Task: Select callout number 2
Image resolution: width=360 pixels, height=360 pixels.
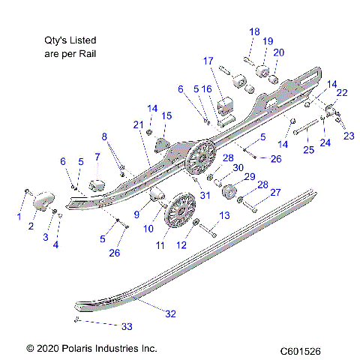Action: click(32, 225)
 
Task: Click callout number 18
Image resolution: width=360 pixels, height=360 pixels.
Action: click(254, 31)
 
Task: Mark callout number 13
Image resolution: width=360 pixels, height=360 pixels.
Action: click(223, 216)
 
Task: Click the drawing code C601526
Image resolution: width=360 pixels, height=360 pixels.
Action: click(300, 350)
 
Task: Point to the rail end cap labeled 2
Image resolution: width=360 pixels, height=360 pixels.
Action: click(44, 201)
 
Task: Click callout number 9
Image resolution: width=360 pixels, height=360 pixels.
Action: click(136, 214)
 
